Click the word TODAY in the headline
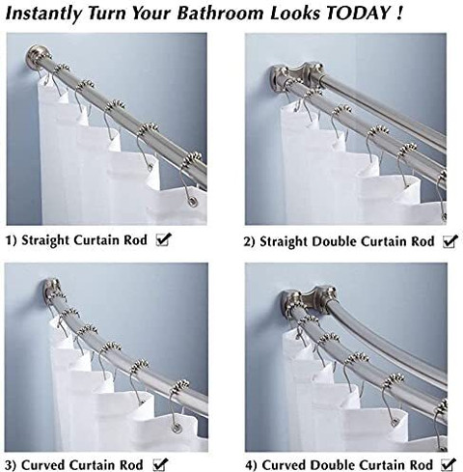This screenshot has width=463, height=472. (x=358, y=14)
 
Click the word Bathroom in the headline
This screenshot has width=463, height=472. (x=220, y=14)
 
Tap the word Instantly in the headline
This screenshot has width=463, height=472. (x=43, y=14)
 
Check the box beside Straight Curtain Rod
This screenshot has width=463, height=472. (x=163, y=239)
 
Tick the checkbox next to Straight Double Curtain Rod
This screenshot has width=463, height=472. (x=450, y=241)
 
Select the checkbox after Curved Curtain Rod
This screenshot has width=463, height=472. (x=160, y=464)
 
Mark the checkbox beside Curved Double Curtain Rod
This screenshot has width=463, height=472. (x=449, y=464)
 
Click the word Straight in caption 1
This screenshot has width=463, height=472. (x=45, y=240)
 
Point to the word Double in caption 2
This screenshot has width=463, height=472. (x=333, y=241)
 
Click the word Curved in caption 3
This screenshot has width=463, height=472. (x=43, y=465)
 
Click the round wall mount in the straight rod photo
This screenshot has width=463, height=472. (x=37, y=55)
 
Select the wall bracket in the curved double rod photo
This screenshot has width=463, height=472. (x=309, y=300)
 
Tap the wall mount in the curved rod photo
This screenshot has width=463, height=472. (x=51, y=289)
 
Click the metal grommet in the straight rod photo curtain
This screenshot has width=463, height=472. (x=193, y=202)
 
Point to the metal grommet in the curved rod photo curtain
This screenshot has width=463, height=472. (x=176, y=429)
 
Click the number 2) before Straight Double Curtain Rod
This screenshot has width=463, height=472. (x=249, y=241)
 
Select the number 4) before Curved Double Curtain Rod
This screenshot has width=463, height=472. (x=252, y=465)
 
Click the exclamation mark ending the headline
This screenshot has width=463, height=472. (x=398, y=14)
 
